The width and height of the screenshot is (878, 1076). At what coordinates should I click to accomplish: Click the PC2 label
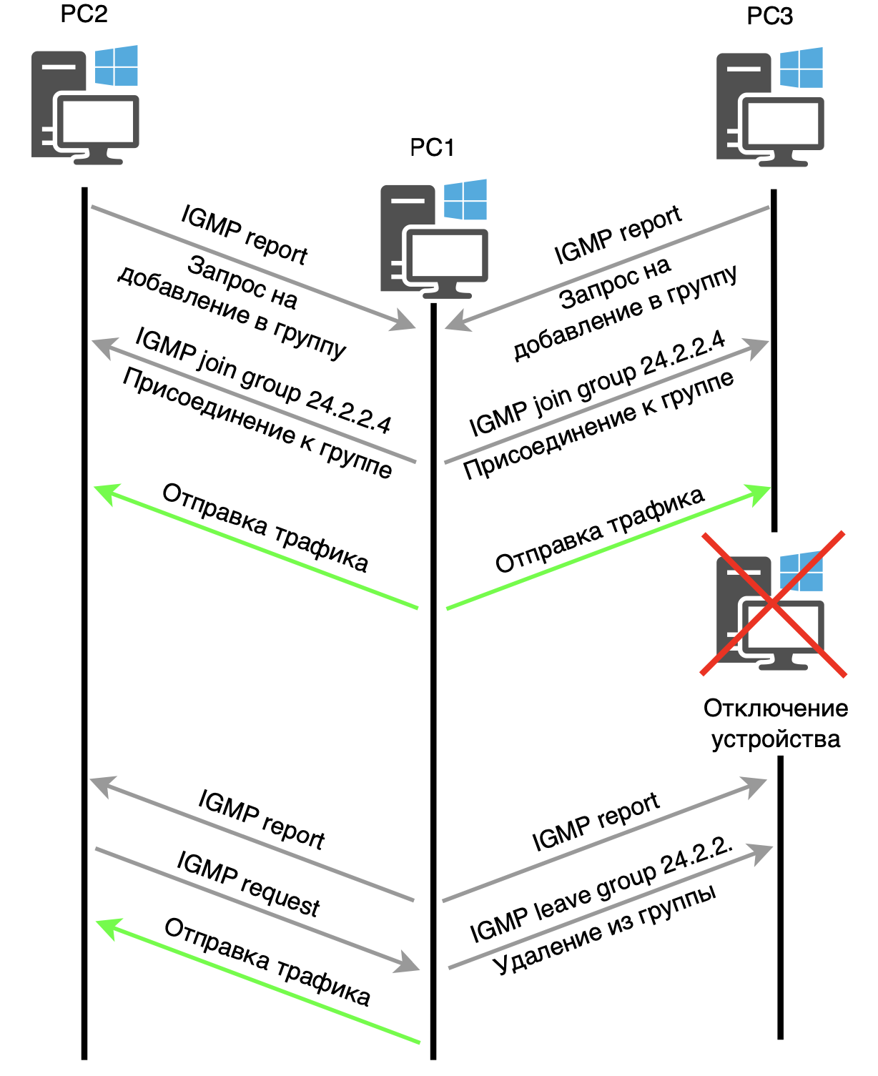[x=84, y=14]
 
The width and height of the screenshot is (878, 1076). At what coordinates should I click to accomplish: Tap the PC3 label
[x=769, y=16]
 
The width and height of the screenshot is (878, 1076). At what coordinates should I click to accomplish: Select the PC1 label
[x=431, y=147]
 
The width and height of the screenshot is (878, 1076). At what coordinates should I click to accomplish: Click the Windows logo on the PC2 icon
[x=116, y=66]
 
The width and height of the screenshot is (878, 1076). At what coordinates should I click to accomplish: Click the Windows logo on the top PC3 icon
[x=801, y=68]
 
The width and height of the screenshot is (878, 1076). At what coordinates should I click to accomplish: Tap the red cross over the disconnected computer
[x=773, y=604]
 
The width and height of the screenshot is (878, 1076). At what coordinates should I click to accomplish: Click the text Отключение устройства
[x=776, y=723]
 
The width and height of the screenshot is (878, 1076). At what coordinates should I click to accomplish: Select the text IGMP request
[x=248, y=884]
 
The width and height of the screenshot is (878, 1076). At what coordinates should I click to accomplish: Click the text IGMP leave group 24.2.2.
[x=601, y=889]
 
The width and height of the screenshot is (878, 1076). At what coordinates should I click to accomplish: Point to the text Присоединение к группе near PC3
[x=598, y=425]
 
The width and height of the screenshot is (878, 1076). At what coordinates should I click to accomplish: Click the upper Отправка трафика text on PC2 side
[x=265, y=528]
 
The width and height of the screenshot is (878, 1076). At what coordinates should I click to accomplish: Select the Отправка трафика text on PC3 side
[x=600, y=530]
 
